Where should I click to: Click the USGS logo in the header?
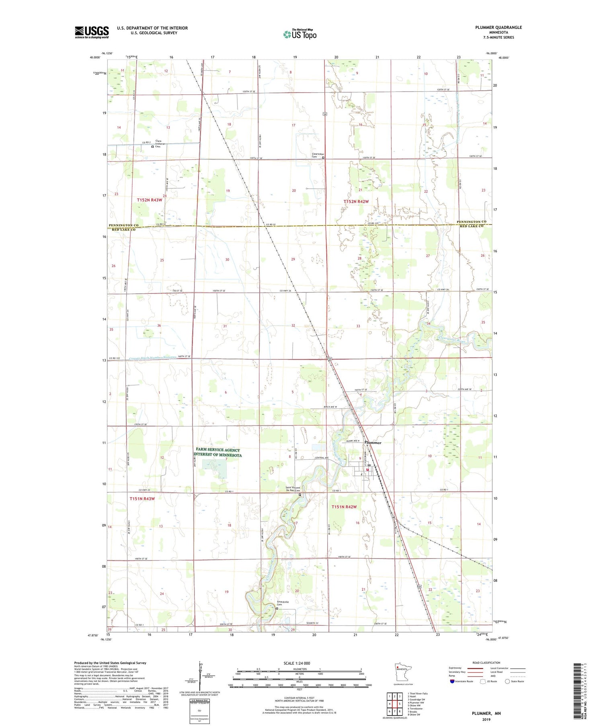[x=92, y=32]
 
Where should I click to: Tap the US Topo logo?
[x=299, y=35]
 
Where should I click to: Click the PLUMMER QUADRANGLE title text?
[x=498, y=27]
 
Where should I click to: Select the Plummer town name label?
[x=373, y=443]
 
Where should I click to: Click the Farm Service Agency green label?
[x=217, y=453]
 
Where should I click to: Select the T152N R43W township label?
[x=150, y=200]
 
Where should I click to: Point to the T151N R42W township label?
[x=344, y=507]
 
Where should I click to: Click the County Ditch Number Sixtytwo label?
[x=153, y=357]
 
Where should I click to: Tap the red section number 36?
[x=159, y=326]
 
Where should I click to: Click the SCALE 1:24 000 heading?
[x=297, y=663]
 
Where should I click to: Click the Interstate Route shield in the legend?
[x=452, y=681]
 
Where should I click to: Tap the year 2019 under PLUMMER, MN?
[x=486, y=720]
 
